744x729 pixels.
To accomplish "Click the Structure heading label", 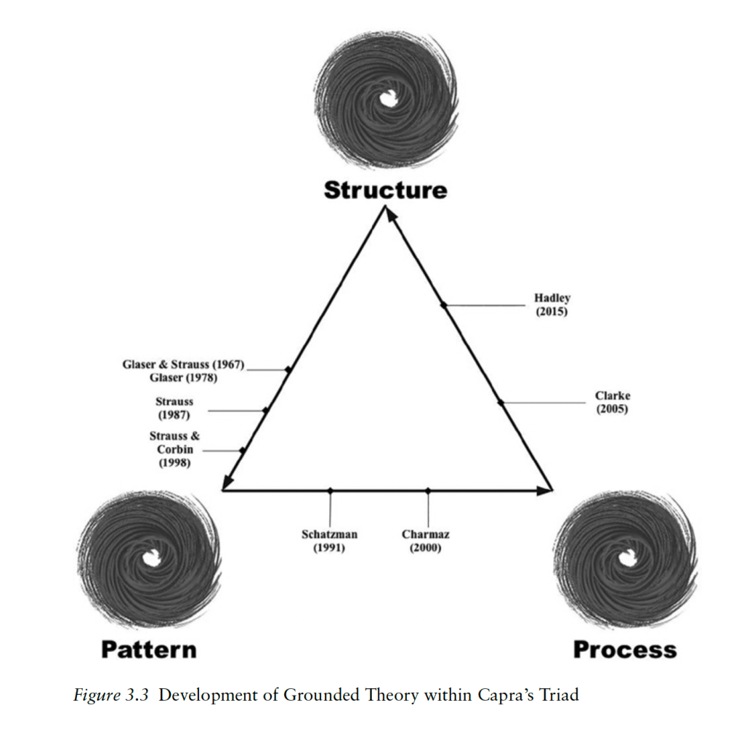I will pyautogui.click(x=385, y=190).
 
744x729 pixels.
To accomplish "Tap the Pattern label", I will pyautogui.click(x=148, y=648).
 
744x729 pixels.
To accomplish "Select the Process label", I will pyautogui.click(x=624, y=648).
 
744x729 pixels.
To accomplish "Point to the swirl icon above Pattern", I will pyautogui.click(x=149, y=557).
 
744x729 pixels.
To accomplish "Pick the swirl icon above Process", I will pyautogui.click(x=624, y=557).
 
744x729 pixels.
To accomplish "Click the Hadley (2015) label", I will pyautogui.click(x=552, y=305).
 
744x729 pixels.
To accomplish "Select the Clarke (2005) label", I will pyautogui.click(x=612, y=402).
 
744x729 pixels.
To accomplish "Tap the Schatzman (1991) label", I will pyautogui.click(x=329, y=541).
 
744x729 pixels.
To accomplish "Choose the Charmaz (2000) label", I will pyautogui.click(x=426, y=541).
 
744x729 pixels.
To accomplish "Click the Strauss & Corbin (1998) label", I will pyautogui.click(x=174, y=448).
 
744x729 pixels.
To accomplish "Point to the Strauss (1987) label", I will pyautogui.click(x=174, y=408).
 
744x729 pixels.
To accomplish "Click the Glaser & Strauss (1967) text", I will pyautogui.click(x=183, y=363).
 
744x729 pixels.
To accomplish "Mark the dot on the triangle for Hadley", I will pyautogui.click(x=443, y=305).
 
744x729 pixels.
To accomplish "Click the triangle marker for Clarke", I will pyautogui.click(x=500, y=402).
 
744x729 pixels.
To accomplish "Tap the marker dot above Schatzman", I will pyautogui.click(x=330, y=491).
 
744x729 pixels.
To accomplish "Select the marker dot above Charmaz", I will pyautogui.click(x=427, y=491).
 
